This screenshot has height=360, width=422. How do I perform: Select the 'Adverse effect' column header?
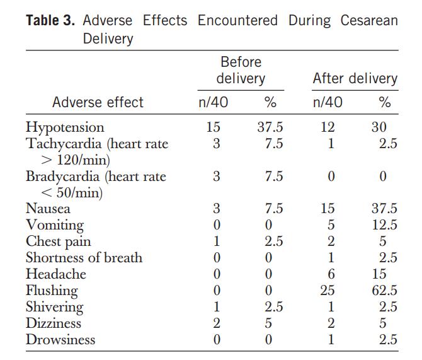click(x=98, y=102)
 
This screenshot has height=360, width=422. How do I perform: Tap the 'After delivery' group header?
click(x=355, y=79)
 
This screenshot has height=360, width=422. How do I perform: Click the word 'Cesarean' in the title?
click(x=369, y=20)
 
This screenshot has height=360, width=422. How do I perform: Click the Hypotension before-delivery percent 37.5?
click(x=270, y=127)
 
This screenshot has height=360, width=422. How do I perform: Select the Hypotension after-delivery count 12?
click(x=328, y=127)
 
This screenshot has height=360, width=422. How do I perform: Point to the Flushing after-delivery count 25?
click(x=328, y=291)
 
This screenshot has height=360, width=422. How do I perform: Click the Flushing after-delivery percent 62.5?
click(x=384, y=291)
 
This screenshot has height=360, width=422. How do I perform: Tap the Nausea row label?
click(x=48, y=209)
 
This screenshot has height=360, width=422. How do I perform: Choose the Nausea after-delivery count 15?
click(x=328, y=209)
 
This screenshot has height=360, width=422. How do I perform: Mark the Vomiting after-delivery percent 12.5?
click(x=384, y=225)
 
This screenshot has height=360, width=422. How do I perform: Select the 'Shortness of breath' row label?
click(x=84, y=258)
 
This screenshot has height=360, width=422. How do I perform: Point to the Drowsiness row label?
click(x=60, y=340)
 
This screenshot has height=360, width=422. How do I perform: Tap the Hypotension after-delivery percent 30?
click(x=379, y=127)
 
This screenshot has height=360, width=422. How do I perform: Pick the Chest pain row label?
click(x=58, y=241)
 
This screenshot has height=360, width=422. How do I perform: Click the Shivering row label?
click(x=54, y=307)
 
